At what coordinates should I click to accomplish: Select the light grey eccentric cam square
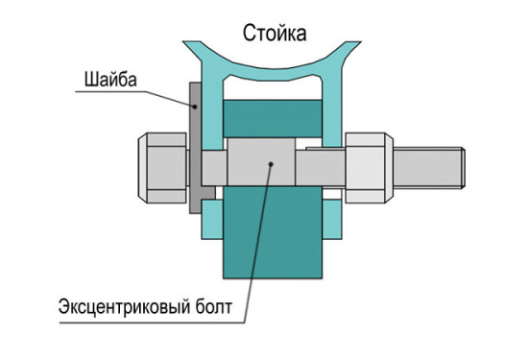[x=260, y=162]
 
